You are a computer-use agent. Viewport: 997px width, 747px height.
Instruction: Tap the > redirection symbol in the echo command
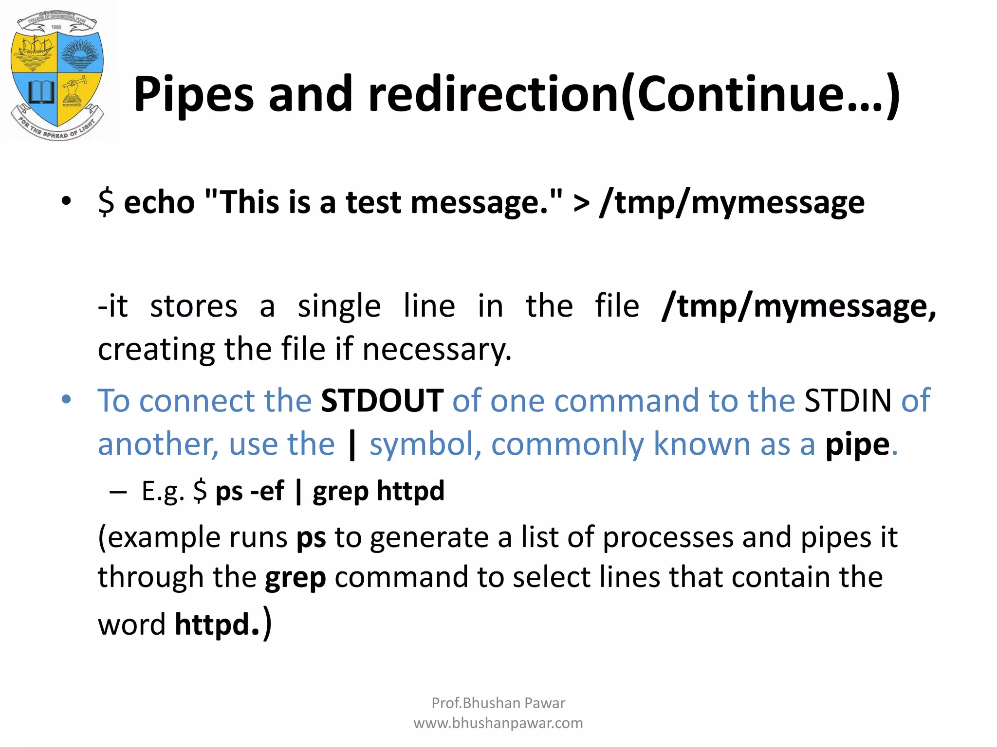click(x=582, y=203)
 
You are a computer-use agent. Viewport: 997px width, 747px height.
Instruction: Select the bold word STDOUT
click(x=382, y=401)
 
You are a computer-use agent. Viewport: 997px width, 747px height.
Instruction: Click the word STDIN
click(x=848, y=401)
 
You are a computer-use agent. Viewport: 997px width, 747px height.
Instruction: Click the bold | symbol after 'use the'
click(x=352, y=445)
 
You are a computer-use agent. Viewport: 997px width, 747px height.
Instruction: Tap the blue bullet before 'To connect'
click(x=66, y=400)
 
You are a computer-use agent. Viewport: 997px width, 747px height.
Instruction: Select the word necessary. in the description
click(x=437, y=349)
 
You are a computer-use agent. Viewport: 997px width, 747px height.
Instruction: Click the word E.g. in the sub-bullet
click(x=163, y=491)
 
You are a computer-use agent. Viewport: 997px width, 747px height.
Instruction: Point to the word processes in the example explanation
click(x=668, y=537)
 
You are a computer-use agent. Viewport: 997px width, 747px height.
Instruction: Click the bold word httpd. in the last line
click(x=217, y=624)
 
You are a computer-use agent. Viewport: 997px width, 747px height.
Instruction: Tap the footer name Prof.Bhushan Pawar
click(x=498, y=703)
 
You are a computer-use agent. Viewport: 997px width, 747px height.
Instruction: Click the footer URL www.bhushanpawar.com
click(x=498, y=723)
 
